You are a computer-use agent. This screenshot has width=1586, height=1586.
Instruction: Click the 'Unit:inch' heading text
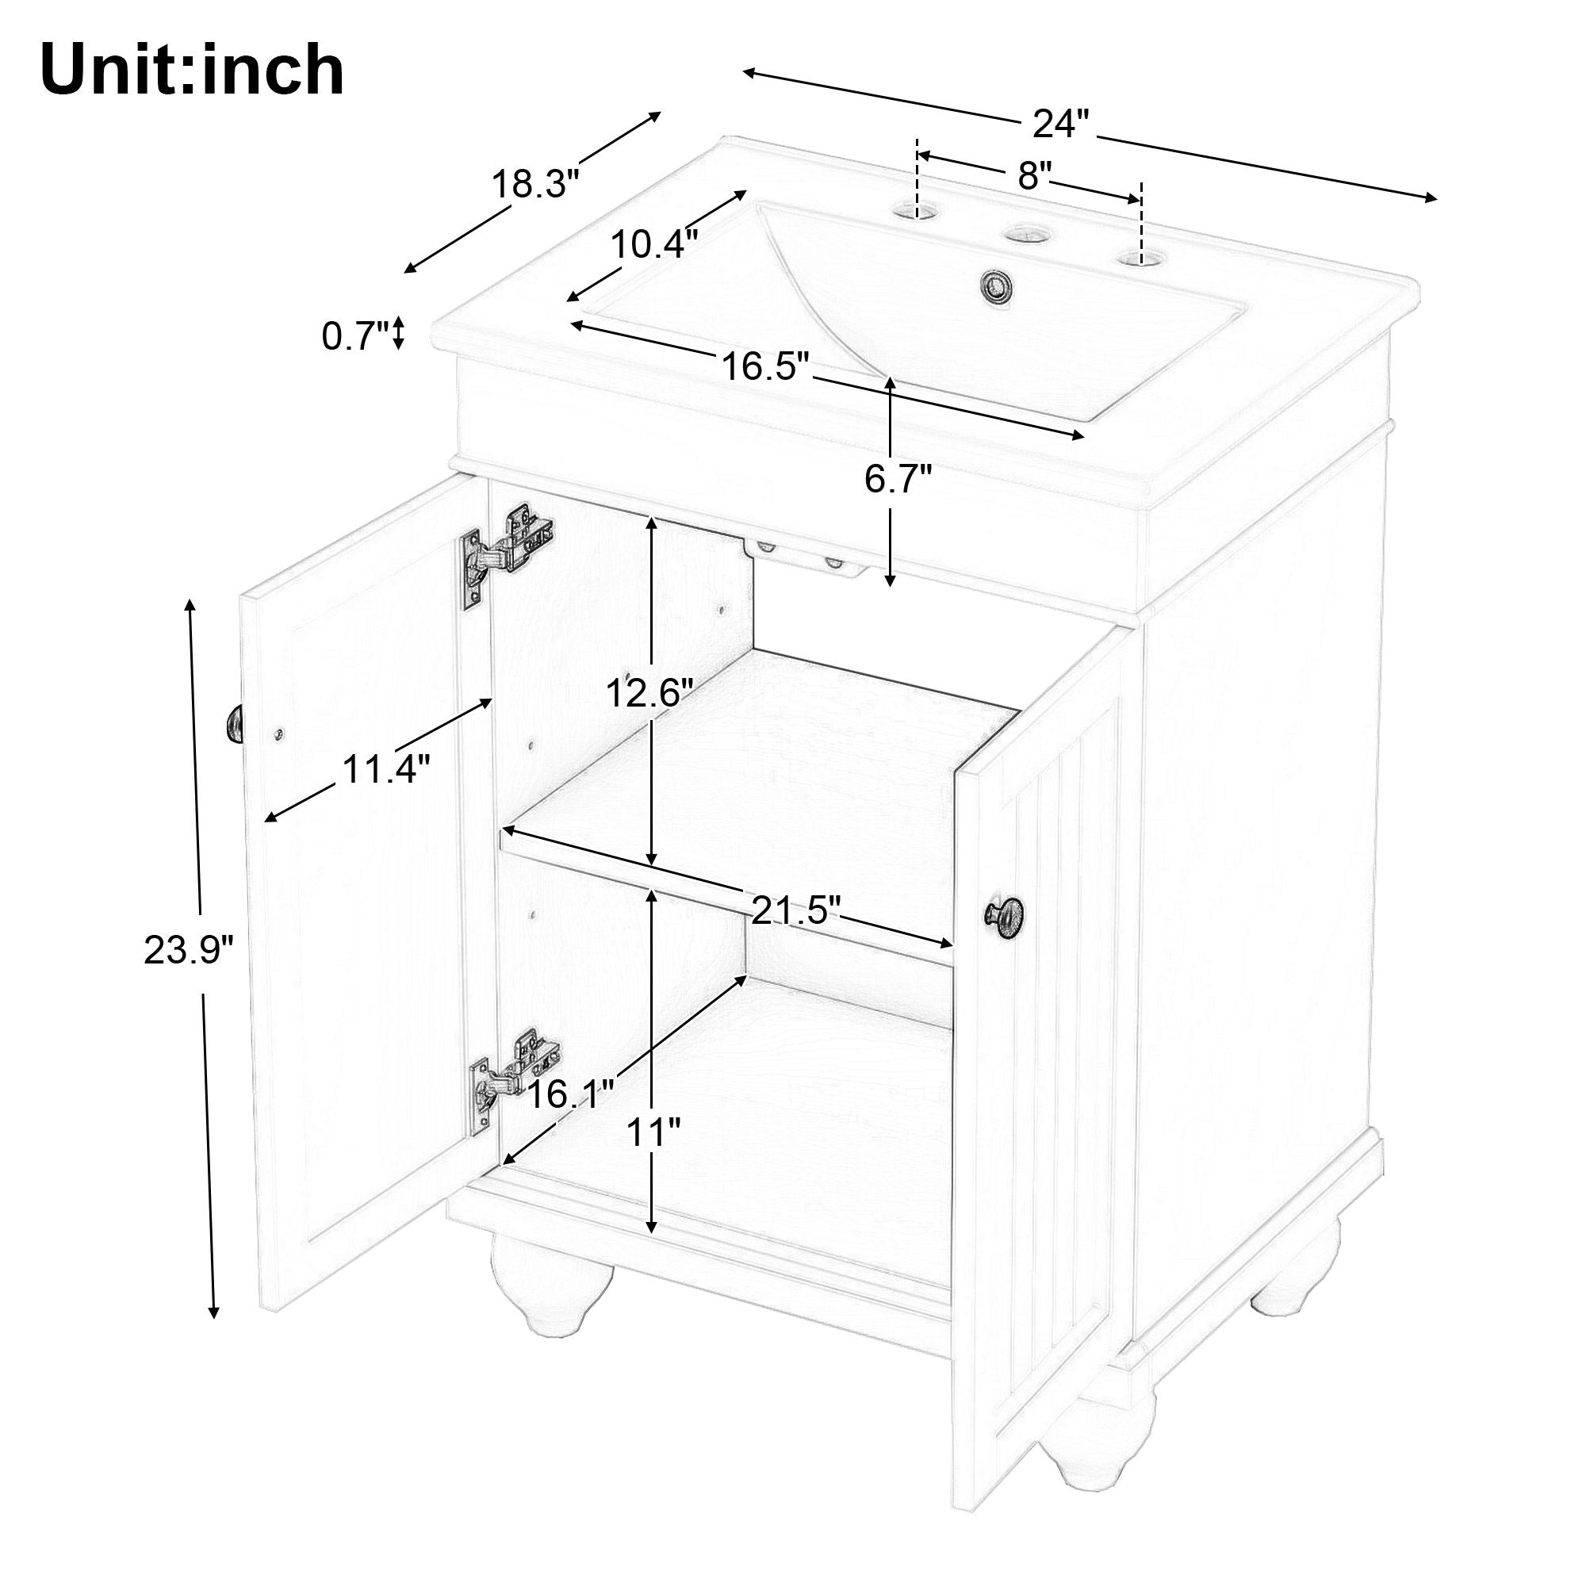191,71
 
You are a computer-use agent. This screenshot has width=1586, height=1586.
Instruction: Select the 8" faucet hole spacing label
1033,176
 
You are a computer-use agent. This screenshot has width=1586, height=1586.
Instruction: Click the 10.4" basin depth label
654,243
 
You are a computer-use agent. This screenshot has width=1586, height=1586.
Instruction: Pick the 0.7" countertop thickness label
354,336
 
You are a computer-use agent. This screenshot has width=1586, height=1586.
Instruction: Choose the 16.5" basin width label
766,366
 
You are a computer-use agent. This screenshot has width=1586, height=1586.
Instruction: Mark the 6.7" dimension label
898,480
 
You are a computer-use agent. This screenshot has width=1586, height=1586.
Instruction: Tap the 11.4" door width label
386,770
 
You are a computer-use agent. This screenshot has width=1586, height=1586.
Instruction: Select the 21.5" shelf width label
796,910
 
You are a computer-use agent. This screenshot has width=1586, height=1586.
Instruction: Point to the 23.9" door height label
189,952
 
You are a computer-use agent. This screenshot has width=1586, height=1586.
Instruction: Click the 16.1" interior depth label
570,1094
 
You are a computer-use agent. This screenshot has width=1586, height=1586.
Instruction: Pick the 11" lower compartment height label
653,1134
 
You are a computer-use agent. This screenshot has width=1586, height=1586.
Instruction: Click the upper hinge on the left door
508,552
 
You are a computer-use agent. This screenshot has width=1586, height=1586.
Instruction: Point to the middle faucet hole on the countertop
1025,236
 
